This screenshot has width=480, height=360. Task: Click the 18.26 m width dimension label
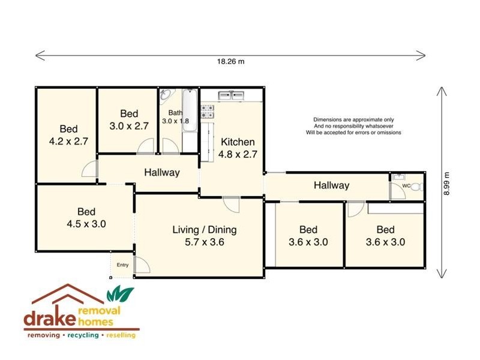[231, 62]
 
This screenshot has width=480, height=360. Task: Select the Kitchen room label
[238, 142]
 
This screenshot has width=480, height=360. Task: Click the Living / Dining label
[205, 229]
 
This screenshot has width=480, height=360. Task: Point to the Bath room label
[175, 113]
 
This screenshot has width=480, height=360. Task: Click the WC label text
[406, 186]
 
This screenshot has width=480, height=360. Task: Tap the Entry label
[122, 265]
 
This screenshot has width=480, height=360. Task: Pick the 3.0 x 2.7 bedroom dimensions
[129, 126]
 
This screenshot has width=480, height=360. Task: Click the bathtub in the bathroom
[188, 120]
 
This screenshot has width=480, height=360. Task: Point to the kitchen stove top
[208, 110]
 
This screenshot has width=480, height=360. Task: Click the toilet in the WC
[418, 187]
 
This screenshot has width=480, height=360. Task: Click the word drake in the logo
[48, 318]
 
